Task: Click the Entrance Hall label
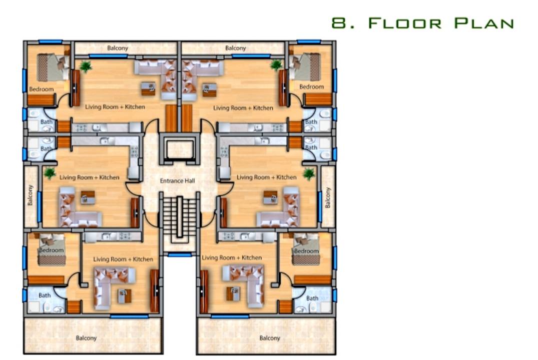[x=177, y=180]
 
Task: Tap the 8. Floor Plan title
[x=423, y=23]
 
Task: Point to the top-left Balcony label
[x=117, y=48]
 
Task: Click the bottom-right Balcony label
[x=270, y=338]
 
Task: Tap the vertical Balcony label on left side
[x=30, y=195]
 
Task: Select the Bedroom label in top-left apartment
[x=42, y=89]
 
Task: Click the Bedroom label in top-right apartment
[x=312, y=86]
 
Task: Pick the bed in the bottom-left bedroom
[x=52, y=249]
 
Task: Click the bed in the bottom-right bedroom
[x=306, y=249]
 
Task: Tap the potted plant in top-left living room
[x=86, y=66]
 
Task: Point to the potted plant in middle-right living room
[x=308, y=174]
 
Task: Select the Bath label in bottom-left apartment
[x=45, y=295]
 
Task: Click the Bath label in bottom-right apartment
[x=312, y=298]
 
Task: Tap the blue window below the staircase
[x=180, y=254]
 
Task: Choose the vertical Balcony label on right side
[x=328, y=197]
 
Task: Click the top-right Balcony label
[x=235, y=48]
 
